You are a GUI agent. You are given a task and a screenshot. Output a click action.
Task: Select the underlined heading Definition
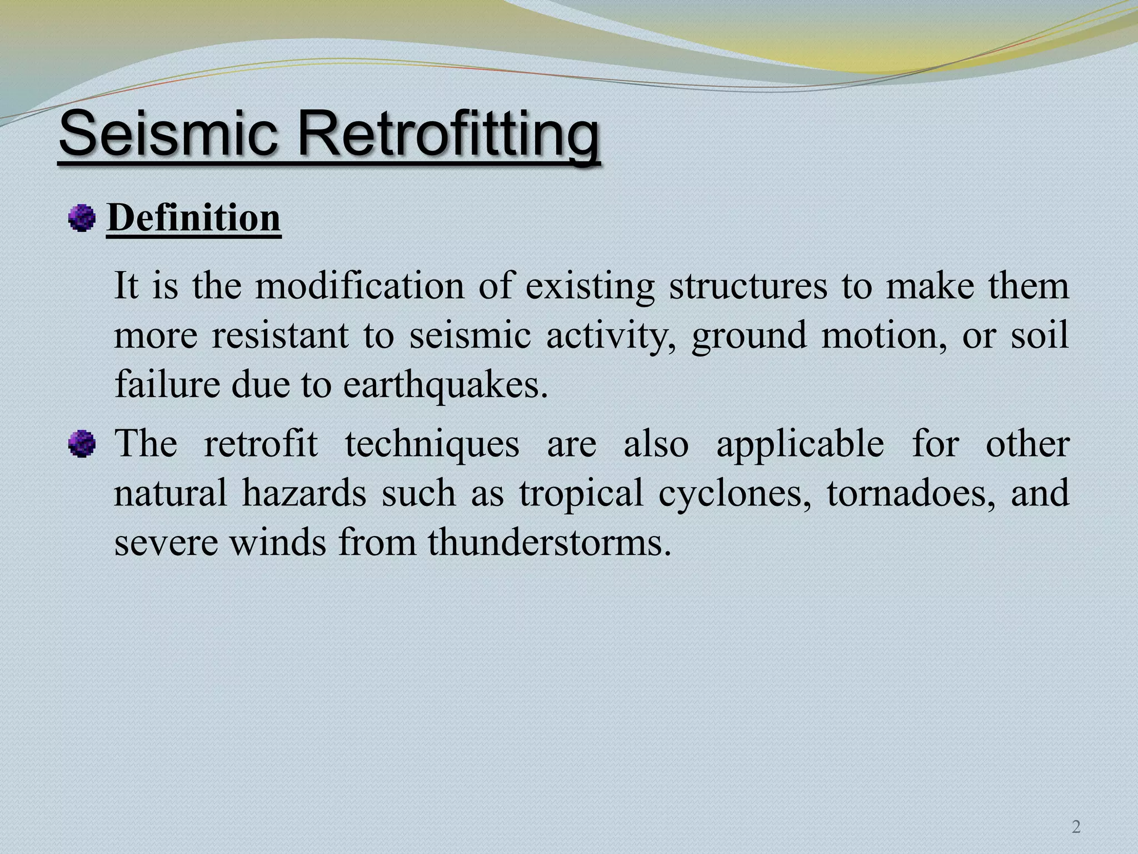coord(193,218)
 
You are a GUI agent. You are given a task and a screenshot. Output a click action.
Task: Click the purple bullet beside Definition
coord(82,218)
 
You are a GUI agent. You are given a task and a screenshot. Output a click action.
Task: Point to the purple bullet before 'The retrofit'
coord(82,445)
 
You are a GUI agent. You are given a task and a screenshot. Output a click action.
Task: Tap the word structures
coord(748,287)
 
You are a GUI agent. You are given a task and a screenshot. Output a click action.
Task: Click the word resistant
coord(280,336)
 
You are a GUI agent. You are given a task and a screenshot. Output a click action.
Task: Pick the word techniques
coord(432,445)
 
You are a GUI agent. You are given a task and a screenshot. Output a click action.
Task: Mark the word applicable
coord(800,445)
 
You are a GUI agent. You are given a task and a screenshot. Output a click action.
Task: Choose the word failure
coord(167,385)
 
